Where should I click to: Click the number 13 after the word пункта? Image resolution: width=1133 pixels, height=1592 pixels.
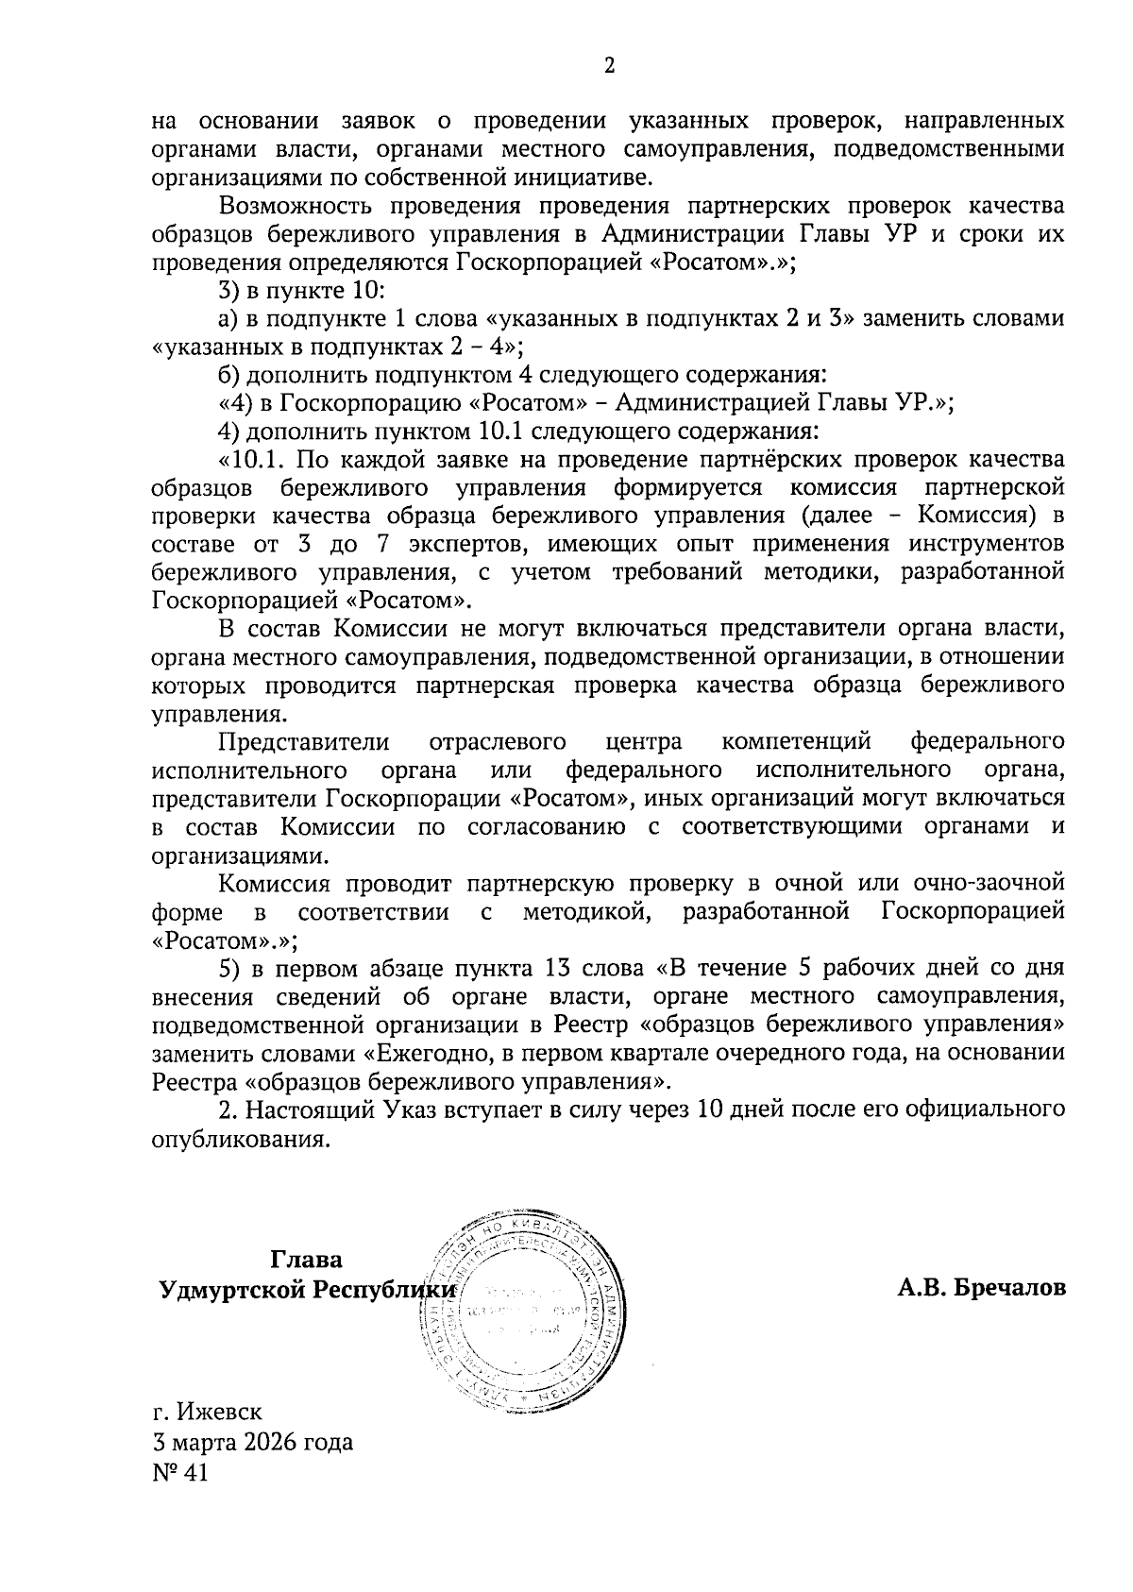pos(555,968)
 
